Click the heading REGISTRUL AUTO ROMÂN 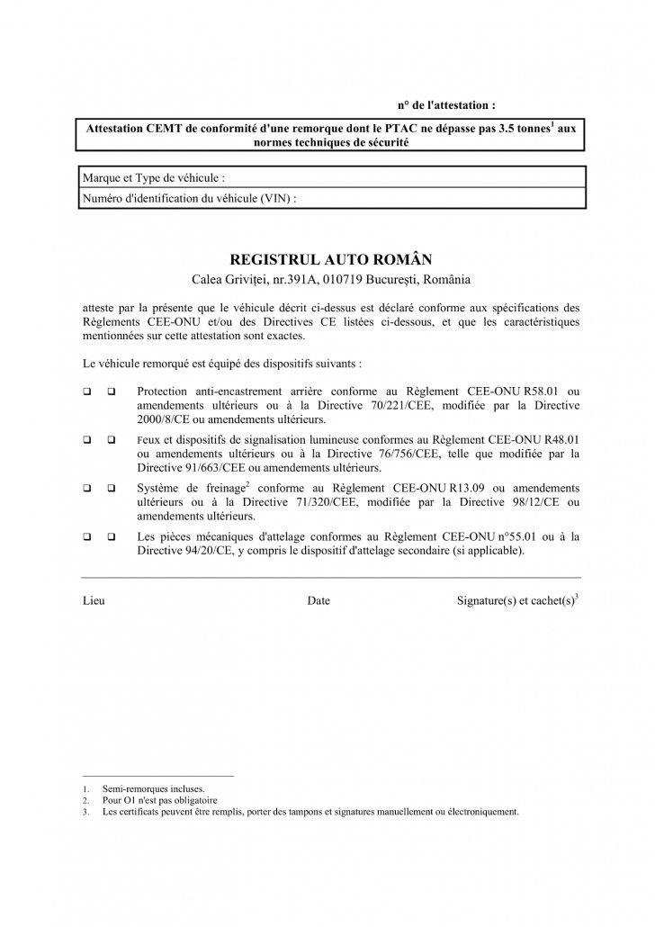(x=331, y=258)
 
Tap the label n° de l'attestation (x=446, y=105)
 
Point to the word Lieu (x=94, y=600)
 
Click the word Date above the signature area (x=319, y=600)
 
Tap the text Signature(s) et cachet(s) (x=516, y=600)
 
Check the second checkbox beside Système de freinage (x=112, y=489)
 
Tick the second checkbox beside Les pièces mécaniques (x=112, y=537)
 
